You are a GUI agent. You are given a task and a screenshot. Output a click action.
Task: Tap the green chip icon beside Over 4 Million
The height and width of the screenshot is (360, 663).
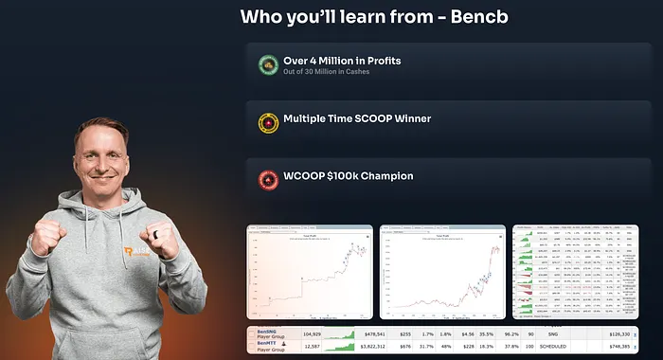268,65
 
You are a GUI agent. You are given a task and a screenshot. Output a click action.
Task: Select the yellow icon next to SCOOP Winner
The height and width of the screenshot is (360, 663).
268,122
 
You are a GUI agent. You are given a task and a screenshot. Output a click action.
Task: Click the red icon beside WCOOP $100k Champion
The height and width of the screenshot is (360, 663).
268,177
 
